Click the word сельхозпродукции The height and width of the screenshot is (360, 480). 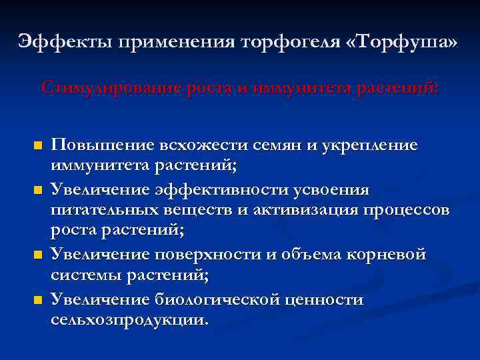(x=129, y=320)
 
